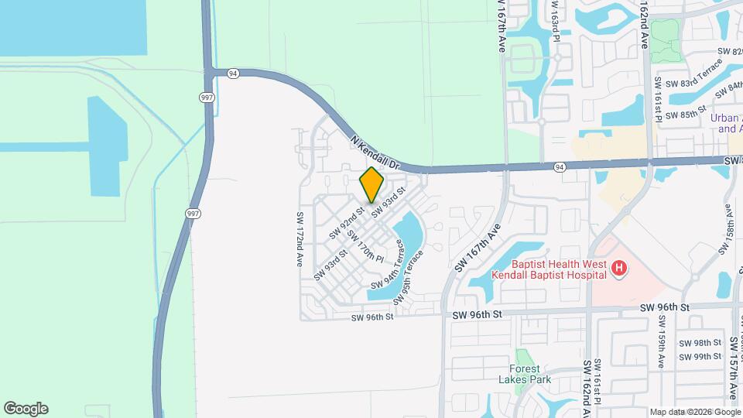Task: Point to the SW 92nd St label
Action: (x=346, y=221)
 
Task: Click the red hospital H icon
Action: (x=618, y=269)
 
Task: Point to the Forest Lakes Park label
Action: (x=529, y=374)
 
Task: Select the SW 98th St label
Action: (x=700, y=342)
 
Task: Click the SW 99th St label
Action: (x=700, y=356)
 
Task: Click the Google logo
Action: (x=26, y=409)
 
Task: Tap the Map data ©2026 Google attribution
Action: (x=694, y=412)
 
